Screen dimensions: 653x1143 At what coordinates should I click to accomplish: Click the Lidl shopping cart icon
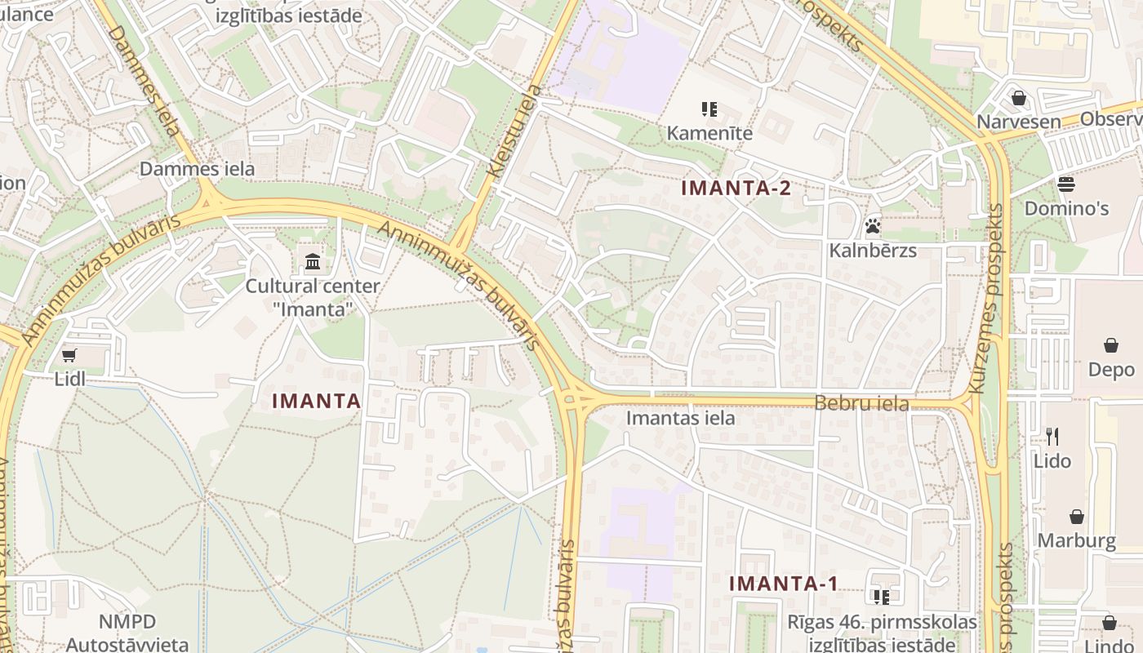click(x=69, y=355)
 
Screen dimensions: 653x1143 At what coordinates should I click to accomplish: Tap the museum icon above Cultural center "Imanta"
click(x=313, y=262)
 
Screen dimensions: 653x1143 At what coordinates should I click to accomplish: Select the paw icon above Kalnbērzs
click(x=873, y=226)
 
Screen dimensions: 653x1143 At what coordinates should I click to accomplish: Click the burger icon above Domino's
click(x=1066, y=184)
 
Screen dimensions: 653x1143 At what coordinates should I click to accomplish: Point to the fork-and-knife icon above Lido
click(x=1052, y=437)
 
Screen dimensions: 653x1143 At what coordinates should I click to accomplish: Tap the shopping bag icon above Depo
click(x=1111, y=345)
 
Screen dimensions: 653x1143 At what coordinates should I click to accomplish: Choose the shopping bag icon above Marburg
click(x=1077, y=517)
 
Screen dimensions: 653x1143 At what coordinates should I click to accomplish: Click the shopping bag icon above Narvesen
click(x=1019, y=98)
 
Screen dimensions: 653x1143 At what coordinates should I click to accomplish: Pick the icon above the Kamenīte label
click(x=709, y=109)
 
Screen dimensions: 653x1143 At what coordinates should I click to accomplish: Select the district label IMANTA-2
click(x=736, y=189)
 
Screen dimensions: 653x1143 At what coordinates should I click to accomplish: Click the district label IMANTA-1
click(x=784, y=584)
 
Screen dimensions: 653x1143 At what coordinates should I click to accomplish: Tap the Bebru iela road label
click(x=861, y=403)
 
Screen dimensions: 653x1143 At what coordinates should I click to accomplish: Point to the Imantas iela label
click(x=681, y=419)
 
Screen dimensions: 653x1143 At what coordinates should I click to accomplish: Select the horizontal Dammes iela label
click(x=198, y=169)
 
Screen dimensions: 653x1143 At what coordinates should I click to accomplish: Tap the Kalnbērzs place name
click(x=873, y=251)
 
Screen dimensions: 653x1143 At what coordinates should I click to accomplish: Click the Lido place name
click(x=1052, y=461)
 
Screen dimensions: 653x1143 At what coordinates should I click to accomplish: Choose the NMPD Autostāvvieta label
click(x=127, y=633)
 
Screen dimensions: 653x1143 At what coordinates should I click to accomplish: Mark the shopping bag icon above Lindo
click(x=1110, y=623)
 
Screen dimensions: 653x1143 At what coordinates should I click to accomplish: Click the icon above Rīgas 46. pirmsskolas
click(x=881, y=597)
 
